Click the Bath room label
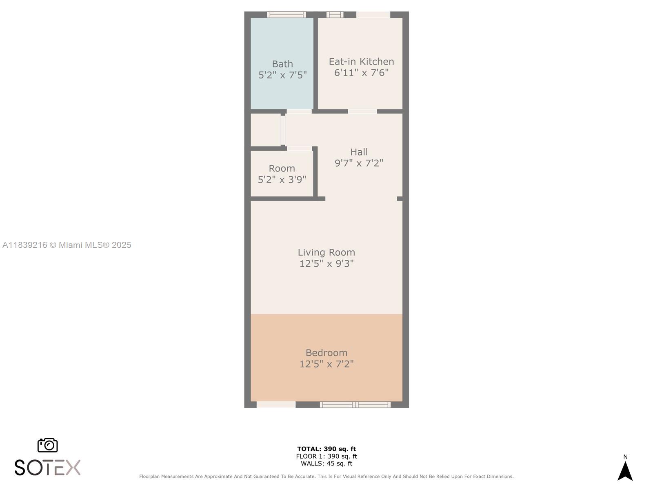tap(282, 64)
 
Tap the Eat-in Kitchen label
tap(361, 62)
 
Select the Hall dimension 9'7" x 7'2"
tap(359, 163)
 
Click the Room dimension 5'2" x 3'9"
tap(282, 179)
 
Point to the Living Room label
tap(326, 252)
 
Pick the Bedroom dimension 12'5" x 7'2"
tap(326, 364)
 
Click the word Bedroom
tap(326, 353)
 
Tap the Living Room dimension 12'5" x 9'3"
tap(326, 264)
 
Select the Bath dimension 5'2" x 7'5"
tap(282, 75)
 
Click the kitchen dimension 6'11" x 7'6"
tap(361, 73)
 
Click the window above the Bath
tap(286, 15)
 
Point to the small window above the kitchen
tap(335, 15)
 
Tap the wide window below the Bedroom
tap(355, 405)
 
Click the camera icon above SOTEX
tap(48, 445)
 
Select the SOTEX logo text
tap(48, 468)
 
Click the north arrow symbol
tap(625, 471)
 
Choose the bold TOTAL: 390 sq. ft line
tap(326, 449)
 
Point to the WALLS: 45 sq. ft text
tap(326, 463)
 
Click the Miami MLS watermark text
tap(67, 245)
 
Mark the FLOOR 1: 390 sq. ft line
tap(326, 457)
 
